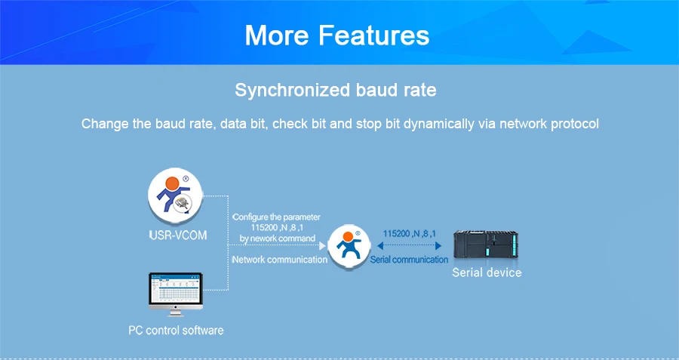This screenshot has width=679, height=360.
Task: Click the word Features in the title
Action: click(373, 35)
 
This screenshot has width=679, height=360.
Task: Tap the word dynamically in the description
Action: click(438, 125)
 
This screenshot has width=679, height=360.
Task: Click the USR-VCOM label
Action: click(178, 235)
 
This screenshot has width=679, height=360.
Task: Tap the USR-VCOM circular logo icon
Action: click(175, 195)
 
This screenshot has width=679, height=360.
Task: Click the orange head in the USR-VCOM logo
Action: click(172, 183)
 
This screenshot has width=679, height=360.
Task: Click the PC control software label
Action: click(176, 330)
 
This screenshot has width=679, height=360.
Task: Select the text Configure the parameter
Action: click(276, 217)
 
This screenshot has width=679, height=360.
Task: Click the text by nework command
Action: click(278, 238)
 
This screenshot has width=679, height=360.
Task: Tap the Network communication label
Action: click(280, 260)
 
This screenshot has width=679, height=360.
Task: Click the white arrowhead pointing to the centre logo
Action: click(322, 245)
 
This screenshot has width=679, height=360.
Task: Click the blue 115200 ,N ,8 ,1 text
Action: click(409, 234)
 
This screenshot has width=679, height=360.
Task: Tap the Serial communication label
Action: click(409, 260)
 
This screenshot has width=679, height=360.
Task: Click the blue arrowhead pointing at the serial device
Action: click(438, 245)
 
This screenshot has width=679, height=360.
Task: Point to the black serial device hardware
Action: click(485, 245)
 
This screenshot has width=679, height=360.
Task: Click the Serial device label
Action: click(487, 272)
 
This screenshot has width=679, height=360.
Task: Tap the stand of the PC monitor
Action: click(176, 312)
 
